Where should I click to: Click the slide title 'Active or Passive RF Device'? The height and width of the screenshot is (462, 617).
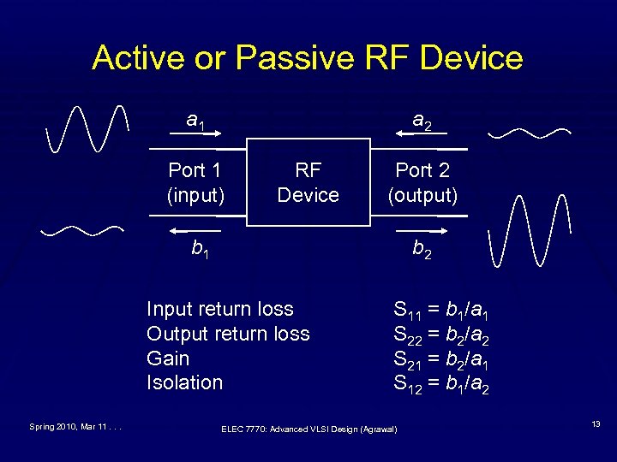(x=308, y=58)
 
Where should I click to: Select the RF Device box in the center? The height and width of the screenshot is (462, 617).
(x=308, y=182)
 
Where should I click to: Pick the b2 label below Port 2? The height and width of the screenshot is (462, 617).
(x=422, y=250)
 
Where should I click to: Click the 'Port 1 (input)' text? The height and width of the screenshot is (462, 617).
(x=196, y=182)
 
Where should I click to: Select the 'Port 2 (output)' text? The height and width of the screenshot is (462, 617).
(x=422, y=182)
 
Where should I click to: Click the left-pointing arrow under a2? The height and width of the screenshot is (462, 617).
(x=422, y=134)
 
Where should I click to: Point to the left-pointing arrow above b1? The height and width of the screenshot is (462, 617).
(x=195, y=231)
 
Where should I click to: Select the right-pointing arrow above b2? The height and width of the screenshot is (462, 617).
(x=422, y=231)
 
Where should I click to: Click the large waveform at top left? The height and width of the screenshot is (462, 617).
(x=89, y=128)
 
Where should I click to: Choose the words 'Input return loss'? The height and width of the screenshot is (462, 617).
(x=219, y=309)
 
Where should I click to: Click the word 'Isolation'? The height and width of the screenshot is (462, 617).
(x=184, y=382)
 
